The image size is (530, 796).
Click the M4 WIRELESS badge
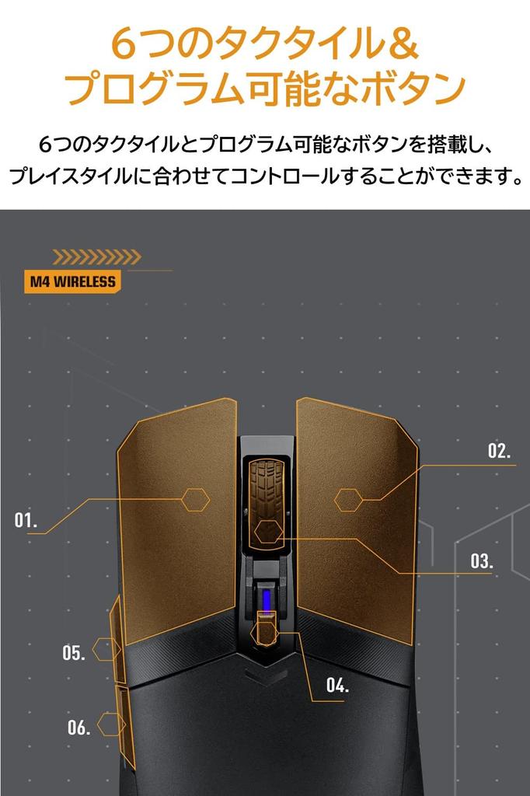pyautogui.click(x=72, y=281)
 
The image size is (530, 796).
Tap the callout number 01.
pyautogui.click(x=26, y=520)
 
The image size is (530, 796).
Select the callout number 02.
pyautogui.click(x=499, y=451)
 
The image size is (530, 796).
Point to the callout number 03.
pyautogui.click(x=481, y=561)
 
